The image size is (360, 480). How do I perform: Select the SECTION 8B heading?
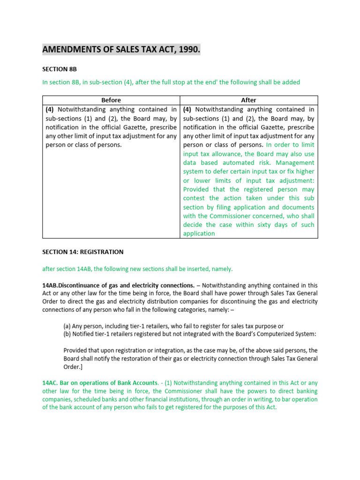[59, 68]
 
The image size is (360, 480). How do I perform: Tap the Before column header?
[111, 100]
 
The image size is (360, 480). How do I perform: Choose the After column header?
[248, 100]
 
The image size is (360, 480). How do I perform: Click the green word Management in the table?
[295, 163]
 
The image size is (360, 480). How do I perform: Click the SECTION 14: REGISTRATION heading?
[83, 252]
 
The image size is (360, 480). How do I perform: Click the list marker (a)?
[67, 326]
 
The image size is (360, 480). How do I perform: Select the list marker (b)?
[67, 334]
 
